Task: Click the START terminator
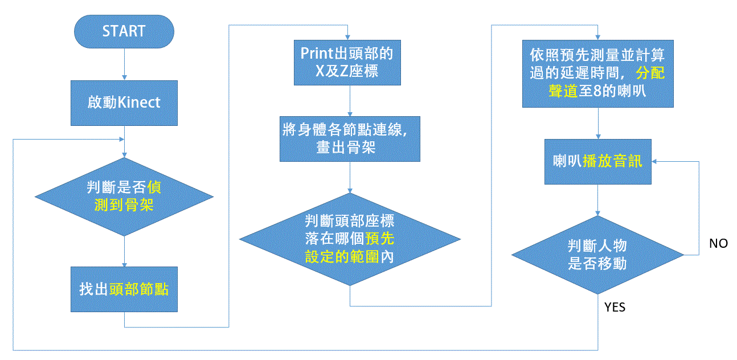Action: (124, 31)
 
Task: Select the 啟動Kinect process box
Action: (124, 103)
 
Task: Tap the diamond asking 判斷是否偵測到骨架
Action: (124, 197)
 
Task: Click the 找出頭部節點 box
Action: (124, 289)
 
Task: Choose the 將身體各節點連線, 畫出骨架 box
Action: (350, 138)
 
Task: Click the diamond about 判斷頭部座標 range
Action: (349, 239)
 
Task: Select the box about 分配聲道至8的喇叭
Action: (597, 73)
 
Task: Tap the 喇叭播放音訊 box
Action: (597, 161)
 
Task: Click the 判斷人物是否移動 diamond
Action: (597, 255)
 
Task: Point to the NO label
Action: (718, 243)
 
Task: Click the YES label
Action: (615, 308)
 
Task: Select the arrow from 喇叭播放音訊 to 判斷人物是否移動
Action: (597, 200)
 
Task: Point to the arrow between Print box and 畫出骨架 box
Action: (350, 100)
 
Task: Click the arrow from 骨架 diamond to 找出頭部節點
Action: (124, 251)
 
